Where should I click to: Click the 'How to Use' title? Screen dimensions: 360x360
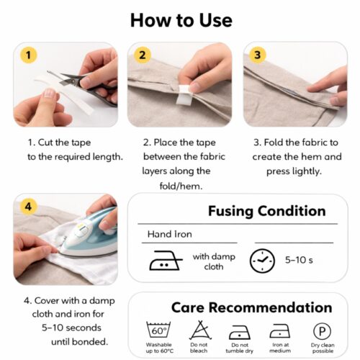click(x=181, y=19)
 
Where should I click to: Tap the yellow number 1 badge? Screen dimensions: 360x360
click(x=28, y=55)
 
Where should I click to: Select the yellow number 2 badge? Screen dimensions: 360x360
click(x=143, y=55)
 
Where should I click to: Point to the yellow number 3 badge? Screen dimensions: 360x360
click(x=258, y=55)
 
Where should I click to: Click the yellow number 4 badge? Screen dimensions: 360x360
click(x=28, y=207)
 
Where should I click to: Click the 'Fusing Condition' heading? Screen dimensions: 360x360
click(x=266, y=211)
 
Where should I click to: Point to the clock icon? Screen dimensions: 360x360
click(x=262, y=260)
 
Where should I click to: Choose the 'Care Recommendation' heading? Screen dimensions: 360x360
click(x=251, y=307)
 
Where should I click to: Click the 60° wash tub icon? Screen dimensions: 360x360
click(x=158, y=330)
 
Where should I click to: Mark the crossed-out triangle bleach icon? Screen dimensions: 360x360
click(x=199, y=330)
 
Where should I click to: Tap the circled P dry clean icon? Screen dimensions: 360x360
click(x=322, y=331)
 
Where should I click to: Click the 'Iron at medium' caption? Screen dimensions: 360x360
click(x=280, y=348)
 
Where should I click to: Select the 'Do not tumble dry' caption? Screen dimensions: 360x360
click(x=240, y=348)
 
